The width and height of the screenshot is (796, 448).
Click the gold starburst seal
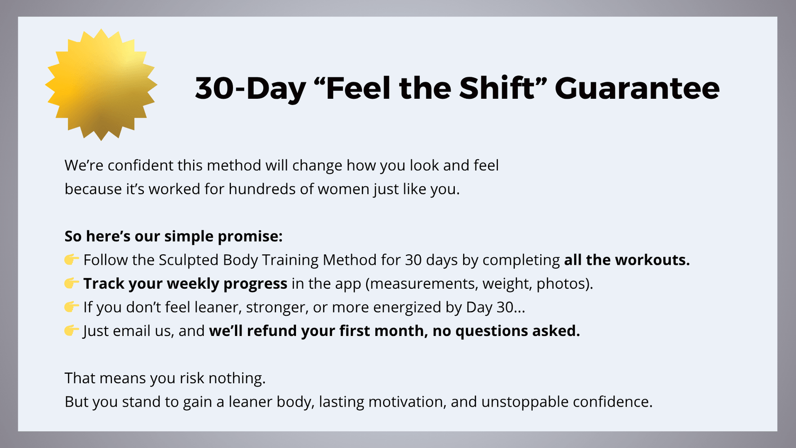(x=101, y=84)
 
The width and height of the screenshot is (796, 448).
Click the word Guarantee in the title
(x=637, y=88)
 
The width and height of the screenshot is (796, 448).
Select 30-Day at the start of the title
(x=250, y=89)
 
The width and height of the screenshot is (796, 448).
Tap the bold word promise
(x=250, y=237)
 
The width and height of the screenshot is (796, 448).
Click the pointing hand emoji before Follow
(x=72, y=260)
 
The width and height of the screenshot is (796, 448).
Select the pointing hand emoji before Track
(x=72, y=283)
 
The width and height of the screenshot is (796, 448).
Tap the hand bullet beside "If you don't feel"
(x=72, y=306)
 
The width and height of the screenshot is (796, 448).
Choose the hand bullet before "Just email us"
(x=72, y=330)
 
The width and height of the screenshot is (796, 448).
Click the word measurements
(x=422, y=284)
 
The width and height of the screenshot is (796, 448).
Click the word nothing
(x=237, y=378)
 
